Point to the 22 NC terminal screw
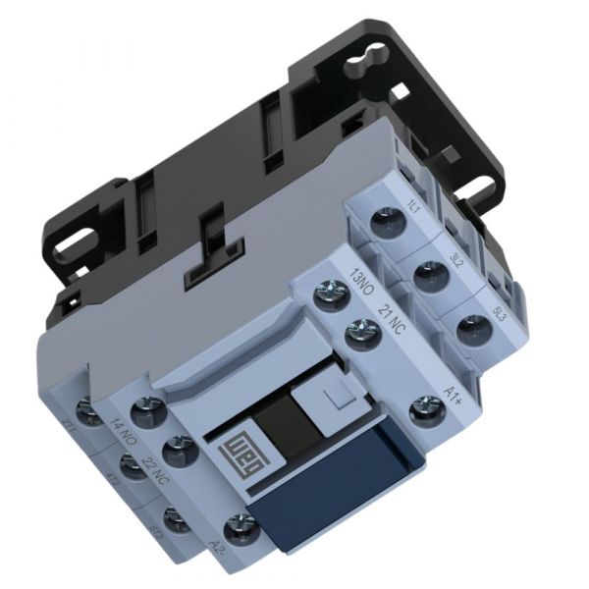178,450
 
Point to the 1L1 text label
413,203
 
